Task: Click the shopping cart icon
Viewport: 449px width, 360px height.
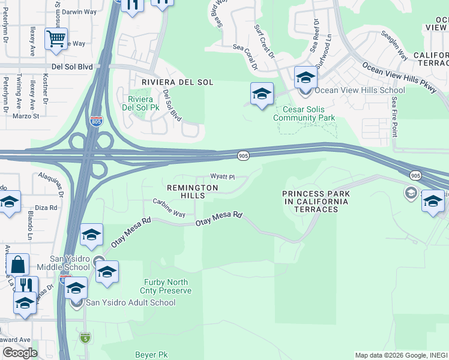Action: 56,39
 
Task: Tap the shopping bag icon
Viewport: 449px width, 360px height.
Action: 18,265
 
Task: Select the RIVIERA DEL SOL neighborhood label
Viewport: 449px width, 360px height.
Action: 177,82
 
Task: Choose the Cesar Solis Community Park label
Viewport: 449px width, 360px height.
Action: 304,113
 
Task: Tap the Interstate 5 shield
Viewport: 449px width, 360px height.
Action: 86,338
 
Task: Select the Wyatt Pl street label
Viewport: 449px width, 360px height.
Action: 221,177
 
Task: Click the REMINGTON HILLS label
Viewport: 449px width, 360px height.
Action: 192,192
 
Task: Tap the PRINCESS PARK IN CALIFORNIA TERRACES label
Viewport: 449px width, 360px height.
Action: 315,201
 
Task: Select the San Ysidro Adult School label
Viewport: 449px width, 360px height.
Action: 130,302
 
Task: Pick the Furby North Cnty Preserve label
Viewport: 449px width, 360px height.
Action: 167,286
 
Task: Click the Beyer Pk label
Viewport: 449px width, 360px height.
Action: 151,355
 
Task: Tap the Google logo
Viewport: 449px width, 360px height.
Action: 20,353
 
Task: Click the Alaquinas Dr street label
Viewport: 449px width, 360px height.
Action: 51,182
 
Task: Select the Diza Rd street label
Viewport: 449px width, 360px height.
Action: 46,208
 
